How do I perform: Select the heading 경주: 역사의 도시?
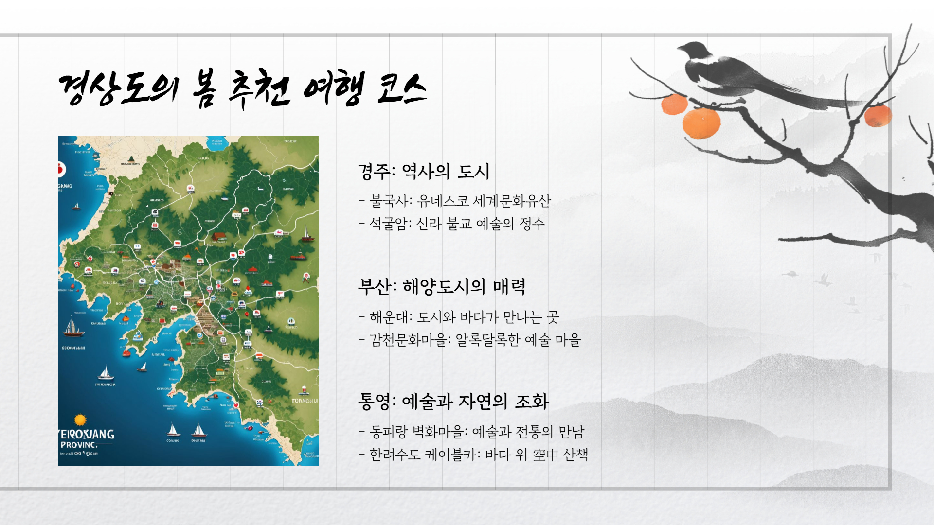(x=424, y=172)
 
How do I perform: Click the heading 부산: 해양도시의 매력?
(x=441, y=287)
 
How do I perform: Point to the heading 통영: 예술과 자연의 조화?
(x=453, y=402)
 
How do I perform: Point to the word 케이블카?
(x=452, y=455)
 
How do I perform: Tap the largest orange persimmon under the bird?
(x=701, y=123)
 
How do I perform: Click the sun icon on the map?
(x=80, y=420)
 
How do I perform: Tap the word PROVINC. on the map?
(x=79, y=445)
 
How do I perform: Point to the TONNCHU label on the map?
(x=304, y=401)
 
